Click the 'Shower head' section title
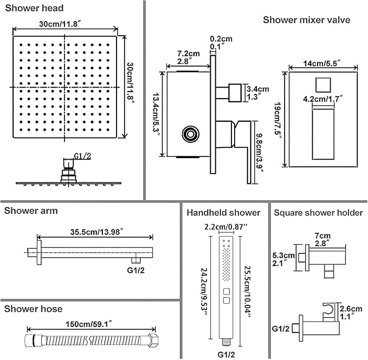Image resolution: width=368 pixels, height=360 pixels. pos(34,8)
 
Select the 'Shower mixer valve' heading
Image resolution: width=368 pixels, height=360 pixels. pos(306,20)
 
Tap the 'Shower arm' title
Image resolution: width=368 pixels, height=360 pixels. pos(31,211)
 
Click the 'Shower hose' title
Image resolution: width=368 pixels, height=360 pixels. pos(33,309)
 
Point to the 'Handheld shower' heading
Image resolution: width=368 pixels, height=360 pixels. pos(223,213)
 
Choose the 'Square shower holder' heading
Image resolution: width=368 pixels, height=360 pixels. pos(318,213)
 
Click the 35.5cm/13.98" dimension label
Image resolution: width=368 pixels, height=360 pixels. pos(95,232)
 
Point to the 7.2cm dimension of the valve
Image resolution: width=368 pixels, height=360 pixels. pos(187,54)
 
